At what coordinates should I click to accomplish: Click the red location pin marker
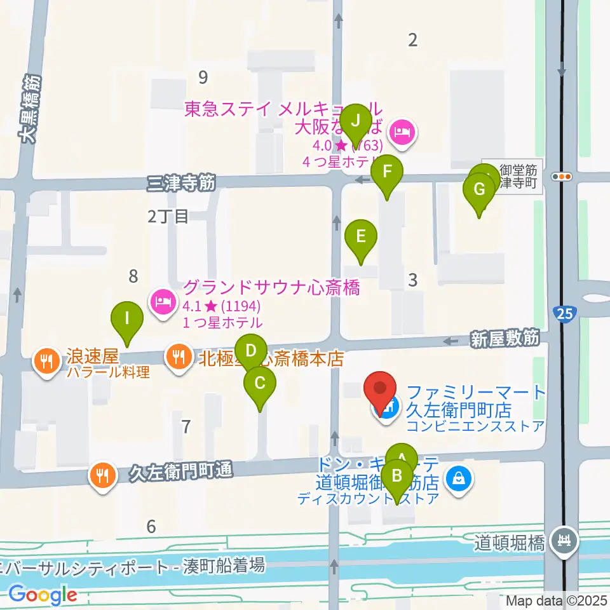coord(380,390)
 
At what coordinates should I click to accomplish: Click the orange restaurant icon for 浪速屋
coord(46,362)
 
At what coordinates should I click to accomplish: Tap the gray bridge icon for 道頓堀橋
coord(563,541)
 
